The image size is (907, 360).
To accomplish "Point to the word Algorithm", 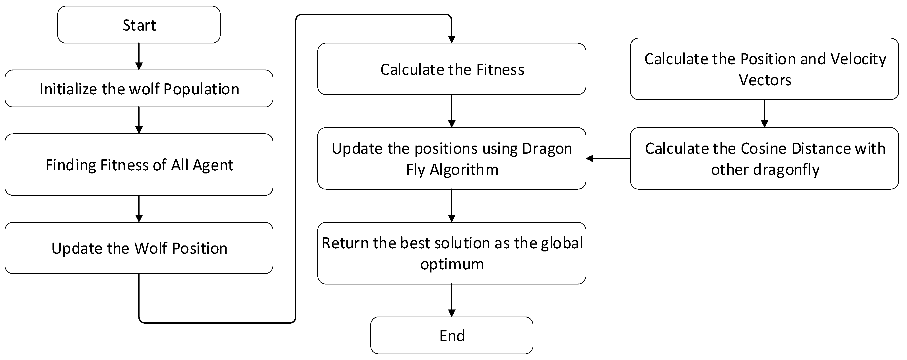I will coord(464,170).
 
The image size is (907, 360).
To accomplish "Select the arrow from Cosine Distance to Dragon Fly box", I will coord(608,159).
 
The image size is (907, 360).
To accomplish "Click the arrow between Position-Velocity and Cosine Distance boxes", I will coord(764,113).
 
